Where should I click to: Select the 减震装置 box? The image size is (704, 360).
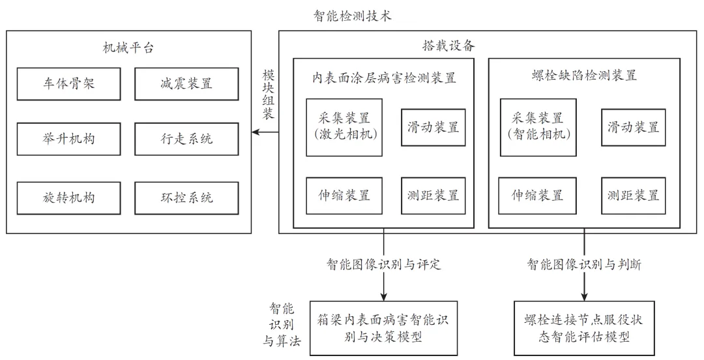tap(186, 83)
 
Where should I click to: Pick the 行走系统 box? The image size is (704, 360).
tap(186, 139)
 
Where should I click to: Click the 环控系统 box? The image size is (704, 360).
tap(186, 197)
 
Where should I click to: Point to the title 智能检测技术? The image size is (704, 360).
tap(352, 15)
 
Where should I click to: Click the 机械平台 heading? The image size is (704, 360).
tap(128, 48)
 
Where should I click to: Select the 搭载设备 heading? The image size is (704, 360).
tap(448, 46)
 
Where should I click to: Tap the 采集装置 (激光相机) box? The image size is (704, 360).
tap(344, 127)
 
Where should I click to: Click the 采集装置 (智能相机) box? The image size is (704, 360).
tap(538, 127)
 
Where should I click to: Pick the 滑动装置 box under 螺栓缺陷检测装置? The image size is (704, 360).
tap(633, 127)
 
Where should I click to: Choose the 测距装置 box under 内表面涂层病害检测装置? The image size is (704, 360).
tap(433, 195)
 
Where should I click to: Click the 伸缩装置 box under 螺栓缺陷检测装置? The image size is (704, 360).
tap(538, 195)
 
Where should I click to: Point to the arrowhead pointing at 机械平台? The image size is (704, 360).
tap(256, 132)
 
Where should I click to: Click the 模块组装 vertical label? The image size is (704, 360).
tap(268, 95)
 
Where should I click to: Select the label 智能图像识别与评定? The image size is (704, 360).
tap(383, 264)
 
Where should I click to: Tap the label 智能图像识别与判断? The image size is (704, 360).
tap(583, 264)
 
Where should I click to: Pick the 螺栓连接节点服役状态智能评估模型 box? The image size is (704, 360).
tap(583, 329)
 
